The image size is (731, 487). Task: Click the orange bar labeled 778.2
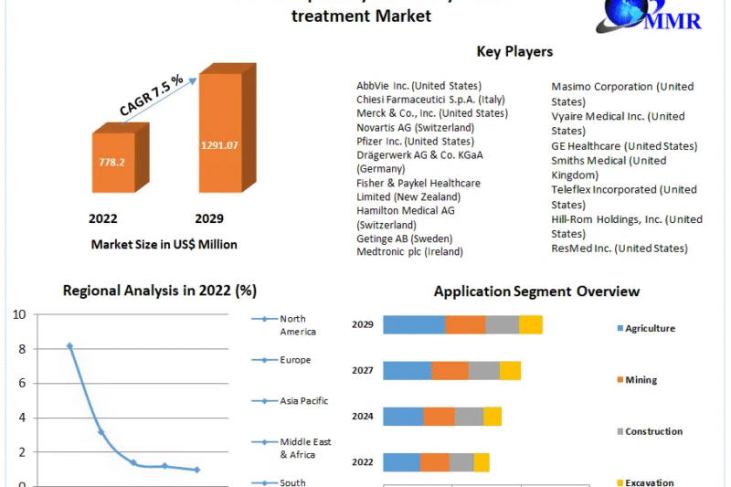[113, 162]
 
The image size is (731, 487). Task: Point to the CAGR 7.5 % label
[151, 95]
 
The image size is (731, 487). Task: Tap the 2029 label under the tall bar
[208, 219]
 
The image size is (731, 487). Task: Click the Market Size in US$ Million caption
[164, 244]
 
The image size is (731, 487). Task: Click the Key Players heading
[514, 51]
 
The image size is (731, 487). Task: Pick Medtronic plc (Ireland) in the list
[409, 251]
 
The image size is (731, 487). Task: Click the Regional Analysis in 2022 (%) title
[160, 291]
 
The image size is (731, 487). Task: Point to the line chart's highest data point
[69, 346]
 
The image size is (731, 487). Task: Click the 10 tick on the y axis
[18, 314]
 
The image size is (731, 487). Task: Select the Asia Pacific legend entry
[302, 401]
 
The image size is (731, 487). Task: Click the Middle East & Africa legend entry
[304, 448]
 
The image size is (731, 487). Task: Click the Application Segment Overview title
[536, 291]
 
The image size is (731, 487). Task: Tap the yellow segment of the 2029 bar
[531, 324]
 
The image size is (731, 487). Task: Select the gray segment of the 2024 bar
[469, 417]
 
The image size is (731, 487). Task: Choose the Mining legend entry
[641, 380]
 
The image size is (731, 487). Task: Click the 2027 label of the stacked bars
[363, 370]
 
